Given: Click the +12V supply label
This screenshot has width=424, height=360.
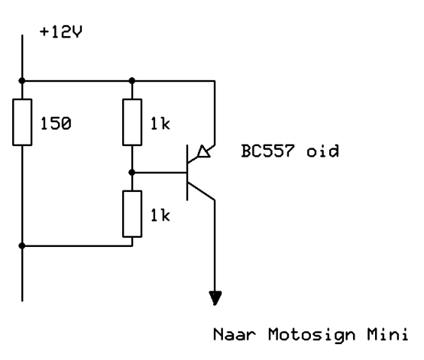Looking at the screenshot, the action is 60,32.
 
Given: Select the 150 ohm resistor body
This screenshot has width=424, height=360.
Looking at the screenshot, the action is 22,122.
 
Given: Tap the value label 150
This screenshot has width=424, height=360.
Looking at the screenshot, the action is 56,124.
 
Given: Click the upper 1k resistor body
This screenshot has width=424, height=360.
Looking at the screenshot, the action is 132,122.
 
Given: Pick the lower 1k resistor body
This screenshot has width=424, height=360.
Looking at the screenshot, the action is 132,214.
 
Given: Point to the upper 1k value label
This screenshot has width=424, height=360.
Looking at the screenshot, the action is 160,124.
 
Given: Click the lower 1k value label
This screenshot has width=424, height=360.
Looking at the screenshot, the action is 160,216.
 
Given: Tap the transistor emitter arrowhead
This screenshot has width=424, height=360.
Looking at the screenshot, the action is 204,151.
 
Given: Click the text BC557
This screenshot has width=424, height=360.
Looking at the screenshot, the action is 267,151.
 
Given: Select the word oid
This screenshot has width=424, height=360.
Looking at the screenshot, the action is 322,151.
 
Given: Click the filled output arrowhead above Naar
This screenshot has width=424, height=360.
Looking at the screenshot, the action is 215,298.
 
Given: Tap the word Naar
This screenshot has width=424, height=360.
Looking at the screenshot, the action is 235,334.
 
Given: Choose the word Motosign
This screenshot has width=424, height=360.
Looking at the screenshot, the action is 312,335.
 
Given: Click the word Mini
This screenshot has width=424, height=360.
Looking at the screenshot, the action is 387,334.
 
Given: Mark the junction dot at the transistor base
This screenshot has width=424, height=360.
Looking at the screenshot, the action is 132,172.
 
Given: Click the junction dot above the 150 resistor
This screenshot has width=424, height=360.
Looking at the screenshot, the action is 22,80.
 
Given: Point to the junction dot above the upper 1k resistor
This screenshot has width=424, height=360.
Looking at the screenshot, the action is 132,80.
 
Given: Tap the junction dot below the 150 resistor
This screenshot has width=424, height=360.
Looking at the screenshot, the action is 22,245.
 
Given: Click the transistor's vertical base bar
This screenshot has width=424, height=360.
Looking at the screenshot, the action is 187,173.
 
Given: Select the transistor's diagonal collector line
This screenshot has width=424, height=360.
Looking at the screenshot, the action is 201,192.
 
